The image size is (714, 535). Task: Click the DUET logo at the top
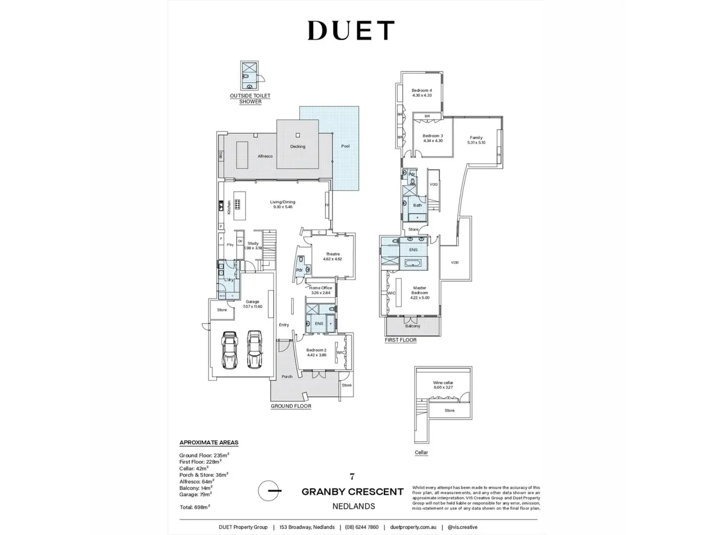(351, 31)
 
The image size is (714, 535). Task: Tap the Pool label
(345, 146)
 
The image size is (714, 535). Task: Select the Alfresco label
(265, 156)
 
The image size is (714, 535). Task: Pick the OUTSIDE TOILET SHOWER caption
(250, 98)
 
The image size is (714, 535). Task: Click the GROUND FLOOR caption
(291, 406)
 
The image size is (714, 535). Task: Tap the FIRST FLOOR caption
(401, 340)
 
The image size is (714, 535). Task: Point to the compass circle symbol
(269, 490)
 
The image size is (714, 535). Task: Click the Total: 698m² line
(195, 506)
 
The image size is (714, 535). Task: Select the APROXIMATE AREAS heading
(209, 442)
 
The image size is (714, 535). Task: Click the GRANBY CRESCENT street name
(353, 491)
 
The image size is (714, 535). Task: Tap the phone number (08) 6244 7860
(359, 527)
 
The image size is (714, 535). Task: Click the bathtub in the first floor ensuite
(414, 263)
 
